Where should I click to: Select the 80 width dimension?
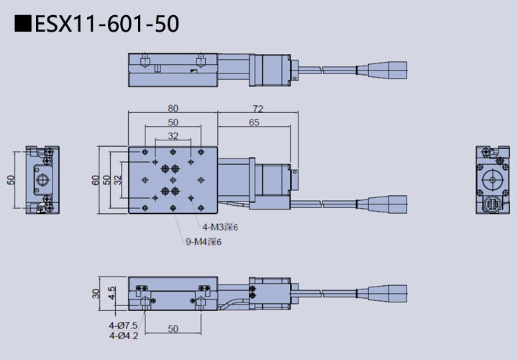tap(173, 108)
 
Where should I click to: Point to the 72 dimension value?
tap(258, 108)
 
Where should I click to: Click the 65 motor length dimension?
tap(253, 122)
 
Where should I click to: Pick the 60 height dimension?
tap(96, 180)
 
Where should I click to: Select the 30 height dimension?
tap(96, 294)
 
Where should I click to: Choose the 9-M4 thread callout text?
tap(204, 242)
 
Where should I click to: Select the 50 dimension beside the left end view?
tap(11, 180)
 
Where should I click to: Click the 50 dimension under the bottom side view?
tap(173, 329)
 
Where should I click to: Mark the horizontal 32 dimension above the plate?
tap(173, 135)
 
